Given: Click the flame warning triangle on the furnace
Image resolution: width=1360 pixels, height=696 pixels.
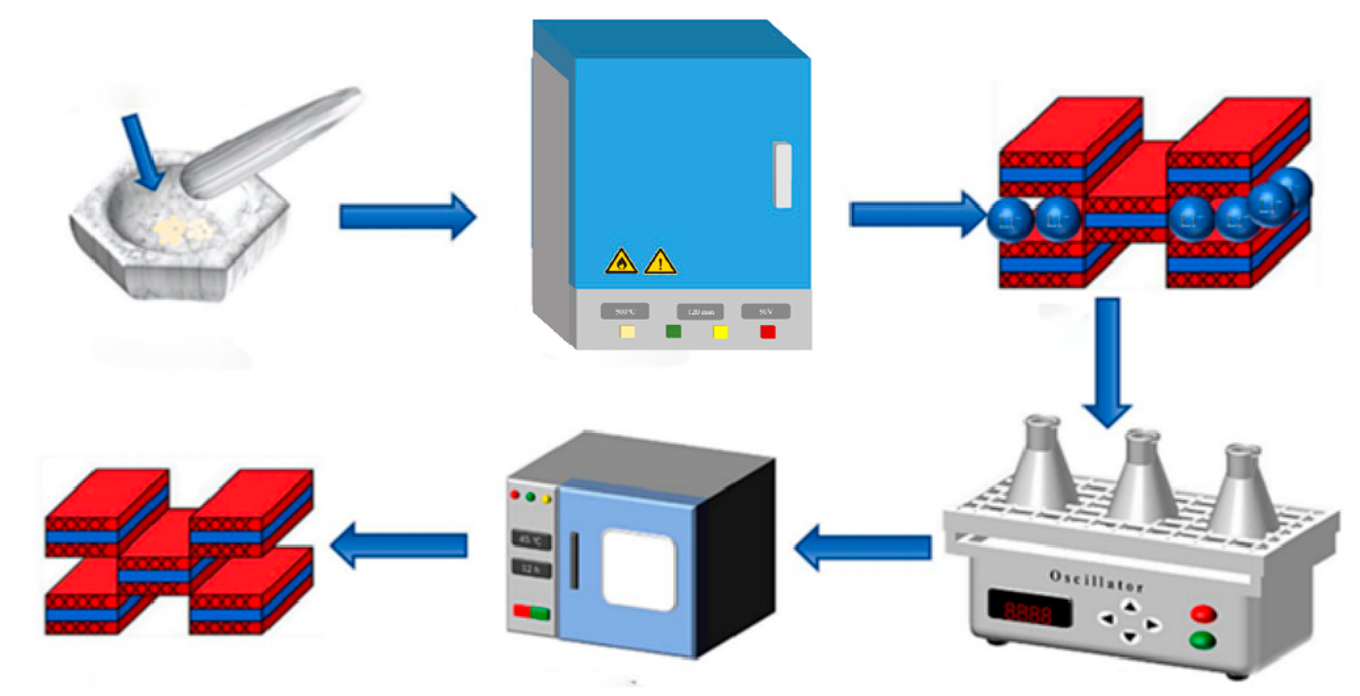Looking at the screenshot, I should pyautogui.click(x=621, y=262).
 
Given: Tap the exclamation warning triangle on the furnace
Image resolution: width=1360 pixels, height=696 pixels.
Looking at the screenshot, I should pyautogui.click(x=660, y=262).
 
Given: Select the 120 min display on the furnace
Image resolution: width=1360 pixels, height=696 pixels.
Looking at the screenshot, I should pyautogui.click(x=700, y=312).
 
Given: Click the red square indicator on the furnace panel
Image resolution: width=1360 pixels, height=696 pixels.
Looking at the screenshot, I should pyautogui.click(x=767, y=332).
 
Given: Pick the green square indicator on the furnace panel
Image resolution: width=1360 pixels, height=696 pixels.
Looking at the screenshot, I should pyautogui.click(x=673, y=332).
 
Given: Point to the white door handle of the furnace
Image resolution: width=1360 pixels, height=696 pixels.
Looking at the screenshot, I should pyautogui.click(x=783, y=176).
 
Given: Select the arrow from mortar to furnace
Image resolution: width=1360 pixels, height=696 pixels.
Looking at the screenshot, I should pyautogui.click(x=406, y=216).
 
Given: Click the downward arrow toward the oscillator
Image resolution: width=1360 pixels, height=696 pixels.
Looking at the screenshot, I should pyautogui.click(x=1107, y=362).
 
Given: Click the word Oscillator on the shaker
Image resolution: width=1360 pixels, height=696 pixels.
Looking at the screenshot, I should pyautogui.click(x=1096, y=581).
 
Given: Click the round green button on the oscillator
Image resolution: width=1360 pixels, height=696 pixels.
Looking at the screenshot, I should pyautogui.click(x=1203, y=639).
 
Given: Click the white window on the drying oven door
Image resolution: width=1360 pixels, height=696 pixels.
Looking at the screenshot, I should pyautogui.click(x=639, y=564).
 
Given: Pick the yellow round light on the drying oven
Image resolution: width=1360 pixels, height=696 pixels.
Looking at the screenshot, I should pyautogui.click(x=545, y=499).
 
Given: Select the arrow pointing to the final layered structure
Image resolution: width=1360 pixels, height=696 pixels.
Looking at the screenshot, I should pyautogui.click(x=399, y=545).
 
